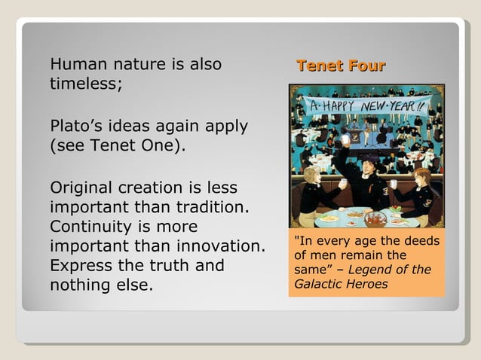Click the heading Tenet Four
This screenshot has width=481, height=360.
click(x=341, y=66)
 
